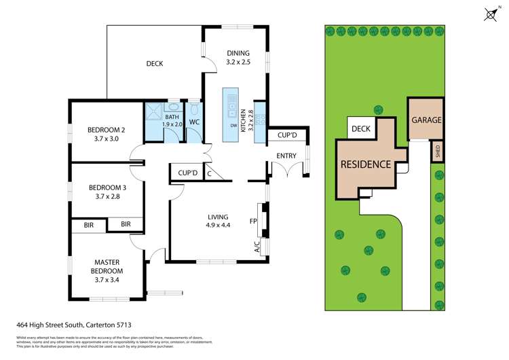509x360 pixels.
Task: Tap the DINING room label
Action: coord(238,53)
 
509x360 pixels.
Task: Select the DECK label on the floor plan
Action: coord(155,64)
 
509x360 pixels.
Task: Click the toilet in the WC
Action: coord(194,109)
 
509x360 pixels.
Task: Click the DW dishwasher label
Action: coord(233,126)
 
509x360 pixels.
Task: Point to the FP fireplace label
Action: coord(252,221)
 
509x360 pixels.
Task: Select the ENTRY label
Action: coord(286,156)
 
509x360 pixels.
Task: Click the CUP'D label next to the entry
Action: coord(288,135)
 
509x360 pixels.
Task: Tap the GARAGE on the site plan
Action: coord(426,120)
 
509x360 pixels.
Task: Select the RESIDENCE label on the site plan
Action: coord(365,164)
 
